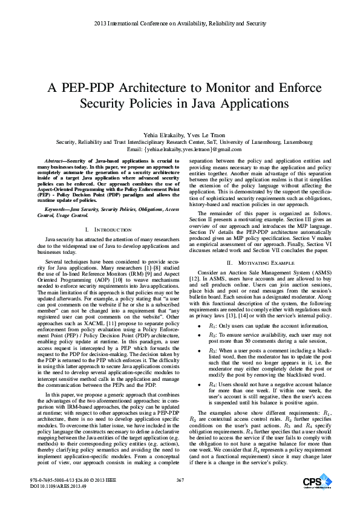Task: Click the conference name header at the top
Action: click(180, 24)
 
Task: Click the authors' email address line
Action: click(180, 149)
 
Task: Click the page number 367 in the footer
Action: click(180, 480)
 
